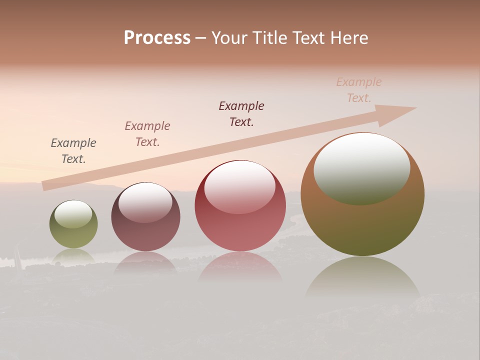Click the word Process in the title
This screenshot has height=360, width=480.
pos(157,38)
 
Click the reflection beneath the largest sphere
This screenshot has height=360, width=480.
pos(362,277)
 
